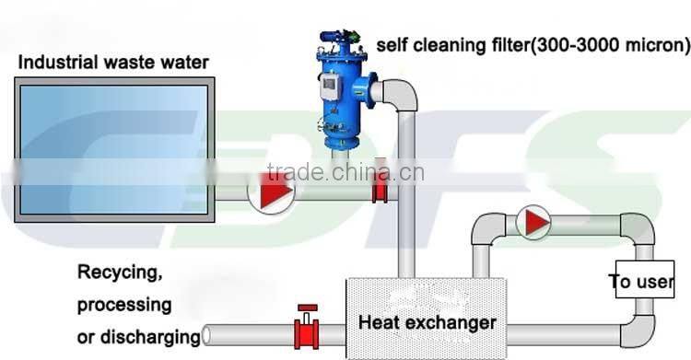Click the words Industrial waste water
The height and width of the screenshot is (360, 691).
[113, 63]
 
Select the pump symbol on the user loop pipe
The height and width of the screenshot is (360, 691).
[532, 222]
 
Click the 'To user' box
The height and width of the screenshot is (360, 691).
[643, 281]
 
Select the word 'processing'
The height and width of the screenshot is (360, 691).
[123, 304]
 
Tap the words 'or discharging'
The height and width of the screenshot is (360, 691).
[138, 335]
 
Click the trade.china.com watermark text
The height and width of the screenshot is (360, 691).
[343, 172]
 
